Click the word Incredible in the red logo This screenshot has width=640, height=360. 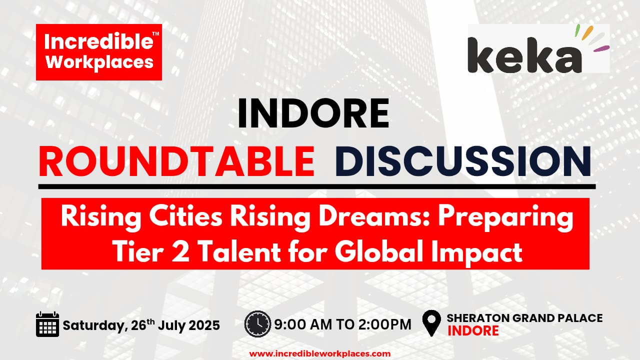[98, 41]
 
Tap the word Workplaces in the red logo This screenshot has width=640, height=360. [99, 62]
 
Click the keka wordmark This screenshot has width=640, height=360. [524, 55]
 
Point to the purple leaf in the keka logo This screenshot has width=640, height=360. [601, 48]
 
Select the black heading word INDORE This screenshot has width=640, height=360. [313, 113]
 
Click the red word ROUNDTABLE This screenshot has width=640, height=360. [176, 161]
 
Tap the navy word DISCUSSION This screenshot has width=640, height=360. [463, 161]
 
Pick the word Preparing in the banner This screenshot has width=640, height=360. [505, 218]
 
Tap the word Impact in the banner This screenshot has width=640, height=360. [477, 252]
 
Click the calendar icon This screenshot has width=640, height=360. [47, 324]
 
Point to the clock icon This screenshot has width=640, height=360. [257, 324]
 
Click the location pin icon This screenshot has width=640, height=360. [431, 323]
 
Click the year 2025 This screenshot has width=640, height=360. [204, 325]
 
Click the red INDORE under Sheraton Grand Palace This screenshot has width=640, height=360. [473, 330]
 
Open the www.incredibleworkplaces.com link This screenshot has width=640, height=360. [319, 353]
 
